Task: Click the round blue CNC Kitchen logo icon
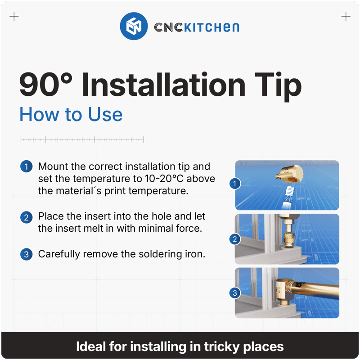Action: (134, 27)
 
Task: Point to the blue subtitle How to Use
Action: (71, 114)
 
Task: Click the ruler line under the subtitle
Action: (82, 140)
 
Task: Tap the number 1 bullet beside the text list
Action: (27, 166)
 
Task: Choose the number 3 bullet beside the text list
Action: (27, 254)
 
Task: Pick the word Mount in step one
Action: (53, 166)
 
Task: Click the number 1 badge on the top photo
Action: (234, 184)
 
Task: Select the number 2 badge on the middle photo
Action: (234, 239)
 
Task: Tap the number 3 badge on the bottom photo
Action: (234, 293)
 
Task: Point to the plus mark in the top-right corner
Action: (346, 17)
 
